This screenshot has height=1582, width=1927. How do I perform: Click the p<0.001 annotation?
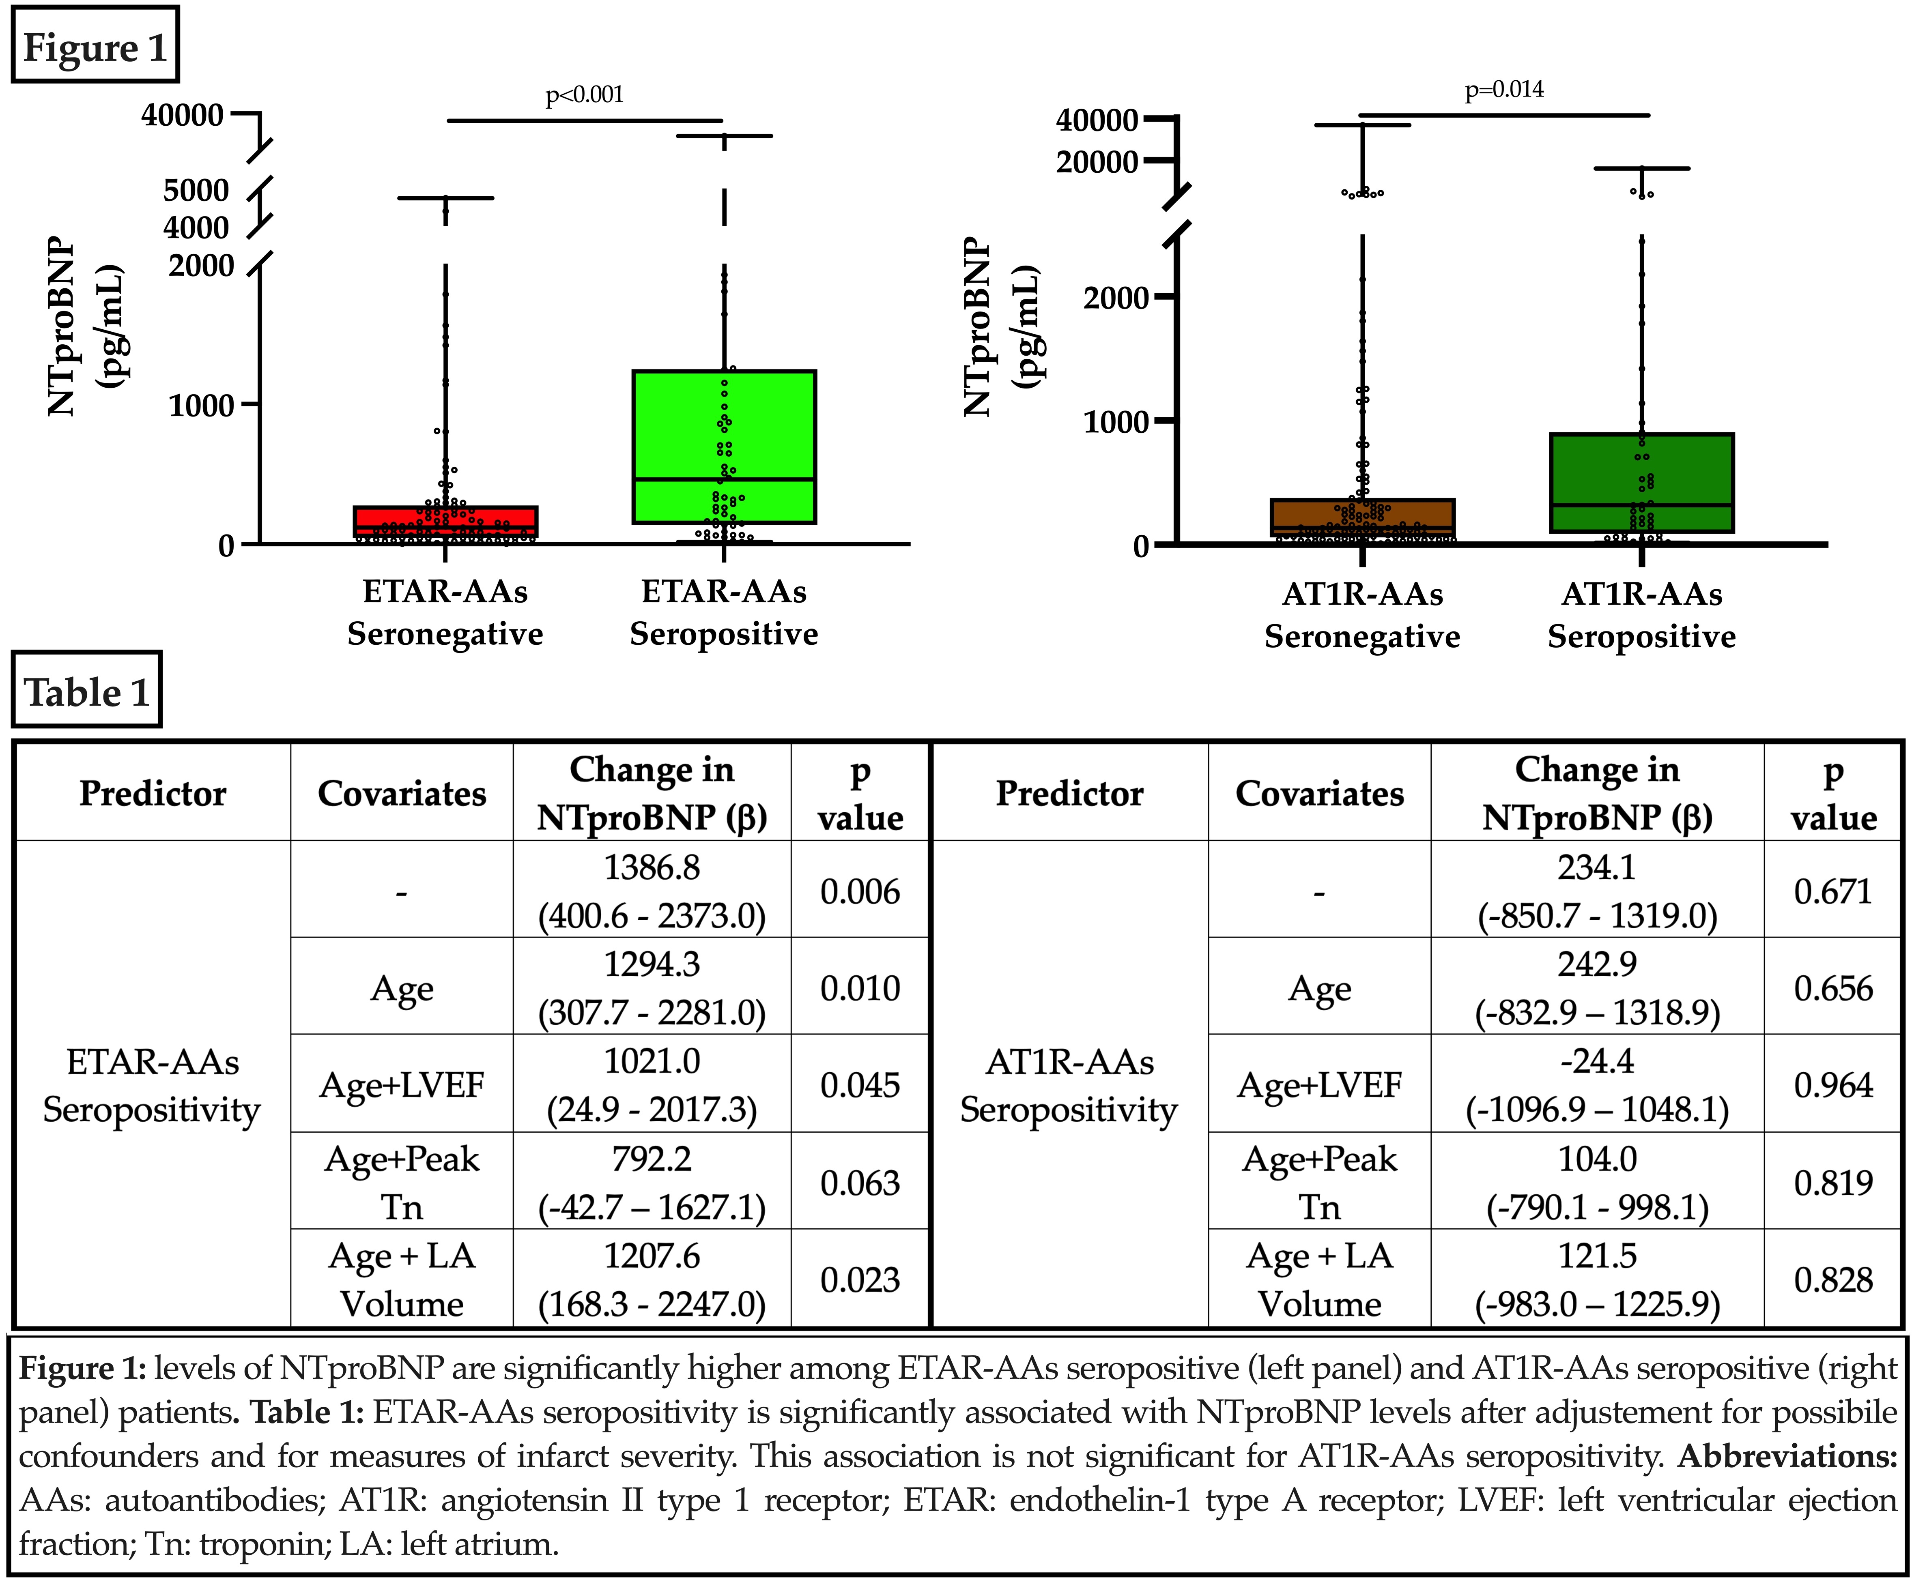(584, 95)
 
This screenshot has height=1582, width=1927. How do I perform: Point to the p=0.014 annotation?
(1504, 89)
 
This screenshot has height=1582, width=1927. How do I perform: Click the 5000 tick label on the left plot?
(196, 191)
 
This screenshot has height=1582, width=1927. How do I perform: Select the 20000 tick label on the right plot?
(1097, 162)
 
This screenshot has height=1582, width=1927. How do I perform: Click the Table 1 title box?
(86, 691)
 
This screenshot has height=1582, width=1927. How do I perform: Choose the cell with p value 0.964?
(1833, 1084)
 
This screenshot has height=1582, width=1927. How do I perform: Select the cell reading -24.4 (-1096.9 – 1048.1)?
(1597, 1084)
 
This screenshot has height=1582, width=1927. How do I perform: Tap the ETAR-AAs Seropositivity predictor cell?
(152, 1084)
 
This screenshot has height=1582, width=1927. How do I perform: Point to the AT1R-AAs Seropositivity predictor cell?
(1069, 1084)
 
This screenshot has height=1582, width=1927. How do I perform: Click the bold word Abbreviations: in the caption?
(1787, 1455)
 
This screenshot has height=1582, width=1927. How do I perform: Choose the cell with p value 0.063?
(860, 1182)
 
